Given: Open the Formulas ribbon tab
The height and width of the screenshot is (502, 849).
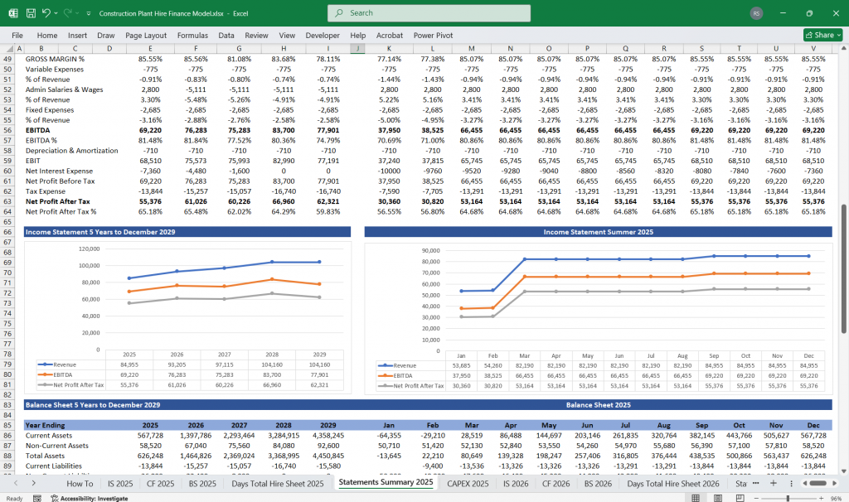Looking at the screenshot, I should point(192,36).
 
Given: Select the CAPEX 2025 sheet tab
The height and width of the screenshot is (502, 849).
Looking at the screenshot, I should point(469,483).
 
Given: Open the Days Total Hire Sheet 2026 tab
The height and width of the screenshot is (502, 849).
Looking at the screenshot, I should point(672,483).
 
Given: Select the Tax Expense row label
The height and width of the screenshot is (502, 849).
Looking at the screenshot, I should point(46,191).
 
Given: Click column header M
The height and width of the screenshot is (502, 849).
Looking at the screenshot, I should point(471,49).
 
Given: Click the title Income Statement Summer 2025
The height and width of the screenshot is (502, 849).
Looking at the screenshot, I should point(597,232).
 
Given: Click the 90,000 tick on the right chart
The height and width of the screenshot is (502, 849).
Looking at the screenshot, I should point(429,250).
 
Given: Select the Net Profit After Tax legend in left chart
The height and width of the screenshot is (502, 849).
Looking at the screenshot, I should point(75,385).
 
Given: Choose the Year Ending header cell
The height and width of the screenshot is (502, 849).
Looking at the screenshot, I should point(44,424).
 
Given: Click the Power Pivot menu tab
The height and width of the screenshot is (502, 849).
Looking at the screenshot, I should point(433,36).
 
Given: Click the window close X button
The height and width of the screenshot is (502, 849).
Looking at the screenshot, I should point(832,13).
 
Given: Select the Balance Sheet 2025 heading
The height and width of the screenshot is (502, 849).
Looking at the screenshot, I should point(597,405).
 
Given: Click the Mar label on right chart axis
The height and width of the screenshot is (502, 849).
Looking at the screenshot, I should point(525,355).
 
